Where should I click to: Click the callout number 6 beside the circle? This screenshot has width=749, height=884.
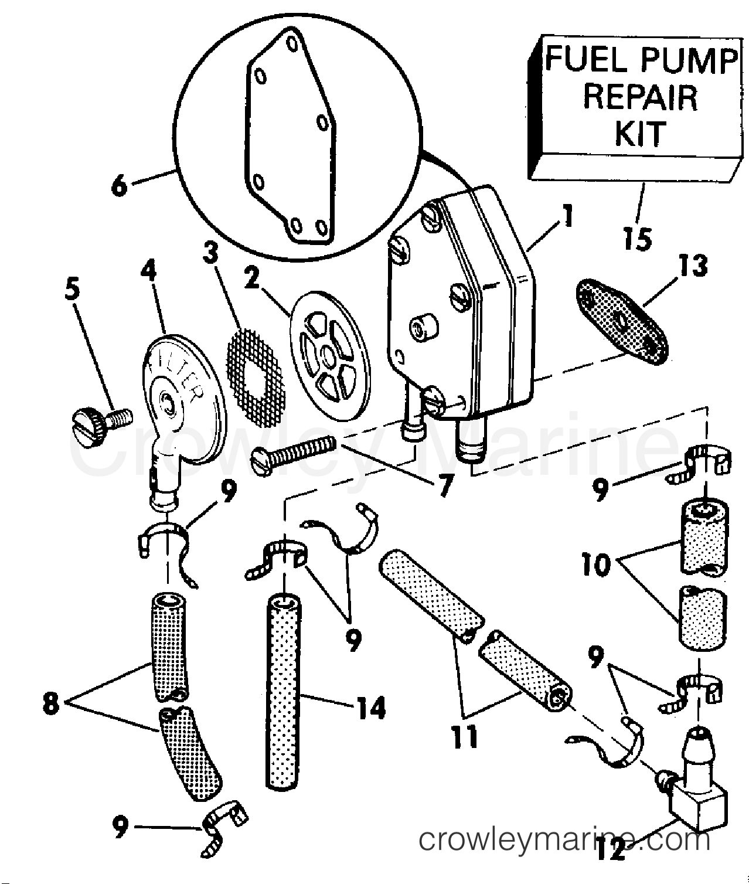(119, 186)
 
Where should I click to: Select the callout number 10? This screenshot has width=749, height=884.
(596, 564)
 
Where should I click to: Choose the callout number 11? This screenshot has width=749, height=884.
(465, 736)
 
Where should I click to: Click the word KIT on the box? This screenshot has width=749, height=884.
(640, 134)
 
